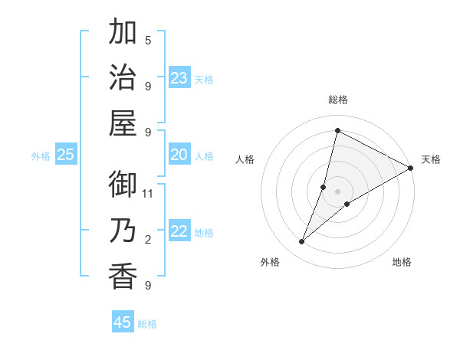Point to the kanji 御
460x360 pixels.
pos(123,186)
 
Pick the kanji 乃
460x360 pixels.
pos(123,231)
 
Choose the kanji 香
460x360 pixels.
pos(123,277)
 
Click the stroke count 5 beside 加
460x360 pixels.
pos(148,41)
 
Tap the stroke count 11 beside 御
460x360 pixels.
pos(148,194)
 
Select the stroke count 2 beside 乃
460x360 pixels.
pos(148,240)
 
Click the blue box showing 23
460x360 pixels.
pos(179,78)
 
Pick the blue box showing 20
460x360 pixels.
pos(179,155)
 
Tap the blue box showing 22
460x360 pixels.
pos(179,232)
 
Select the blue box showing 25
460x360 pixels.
pos(65,155)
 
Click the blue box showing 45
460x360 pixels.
pos(123,322)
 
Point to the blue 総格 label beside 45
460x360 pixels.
pos(147,324)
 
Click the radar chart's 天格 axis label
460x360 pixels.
pos(431,159)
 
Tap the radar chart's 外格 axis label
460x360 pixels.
pos(270,262)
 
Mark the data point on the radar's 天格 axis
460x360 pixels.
pos(410,168)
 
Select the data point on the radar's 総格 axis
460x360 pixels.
pos(337,130)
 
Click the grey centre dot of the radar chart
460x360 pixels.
pos(337,191)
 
